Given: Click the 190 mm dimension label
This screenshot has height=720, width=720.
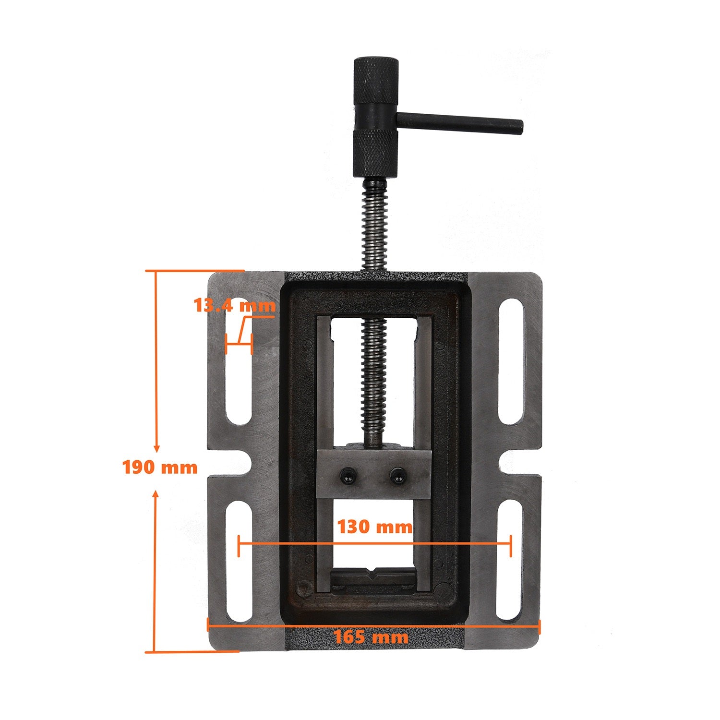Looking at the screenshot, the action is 160,467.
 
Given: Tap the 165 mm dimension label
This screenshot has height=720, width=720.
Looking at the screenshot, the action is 371,637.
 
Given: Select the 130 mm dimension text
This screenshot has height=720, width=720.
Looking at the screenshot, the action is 374,527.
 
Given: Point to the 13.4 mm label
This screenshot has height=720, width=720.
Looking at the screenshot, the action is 235,305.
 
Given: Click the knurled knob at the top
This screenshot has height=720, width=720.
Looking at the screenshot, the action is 376,94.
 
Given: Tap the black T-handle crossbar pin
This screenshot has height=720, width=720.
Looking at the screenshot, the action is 460,124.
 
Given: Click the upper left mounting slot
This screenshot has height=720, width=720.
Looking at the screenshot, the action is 239,362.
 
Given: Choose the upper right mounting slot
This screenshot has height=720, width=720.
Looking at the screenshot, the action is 511,362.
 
